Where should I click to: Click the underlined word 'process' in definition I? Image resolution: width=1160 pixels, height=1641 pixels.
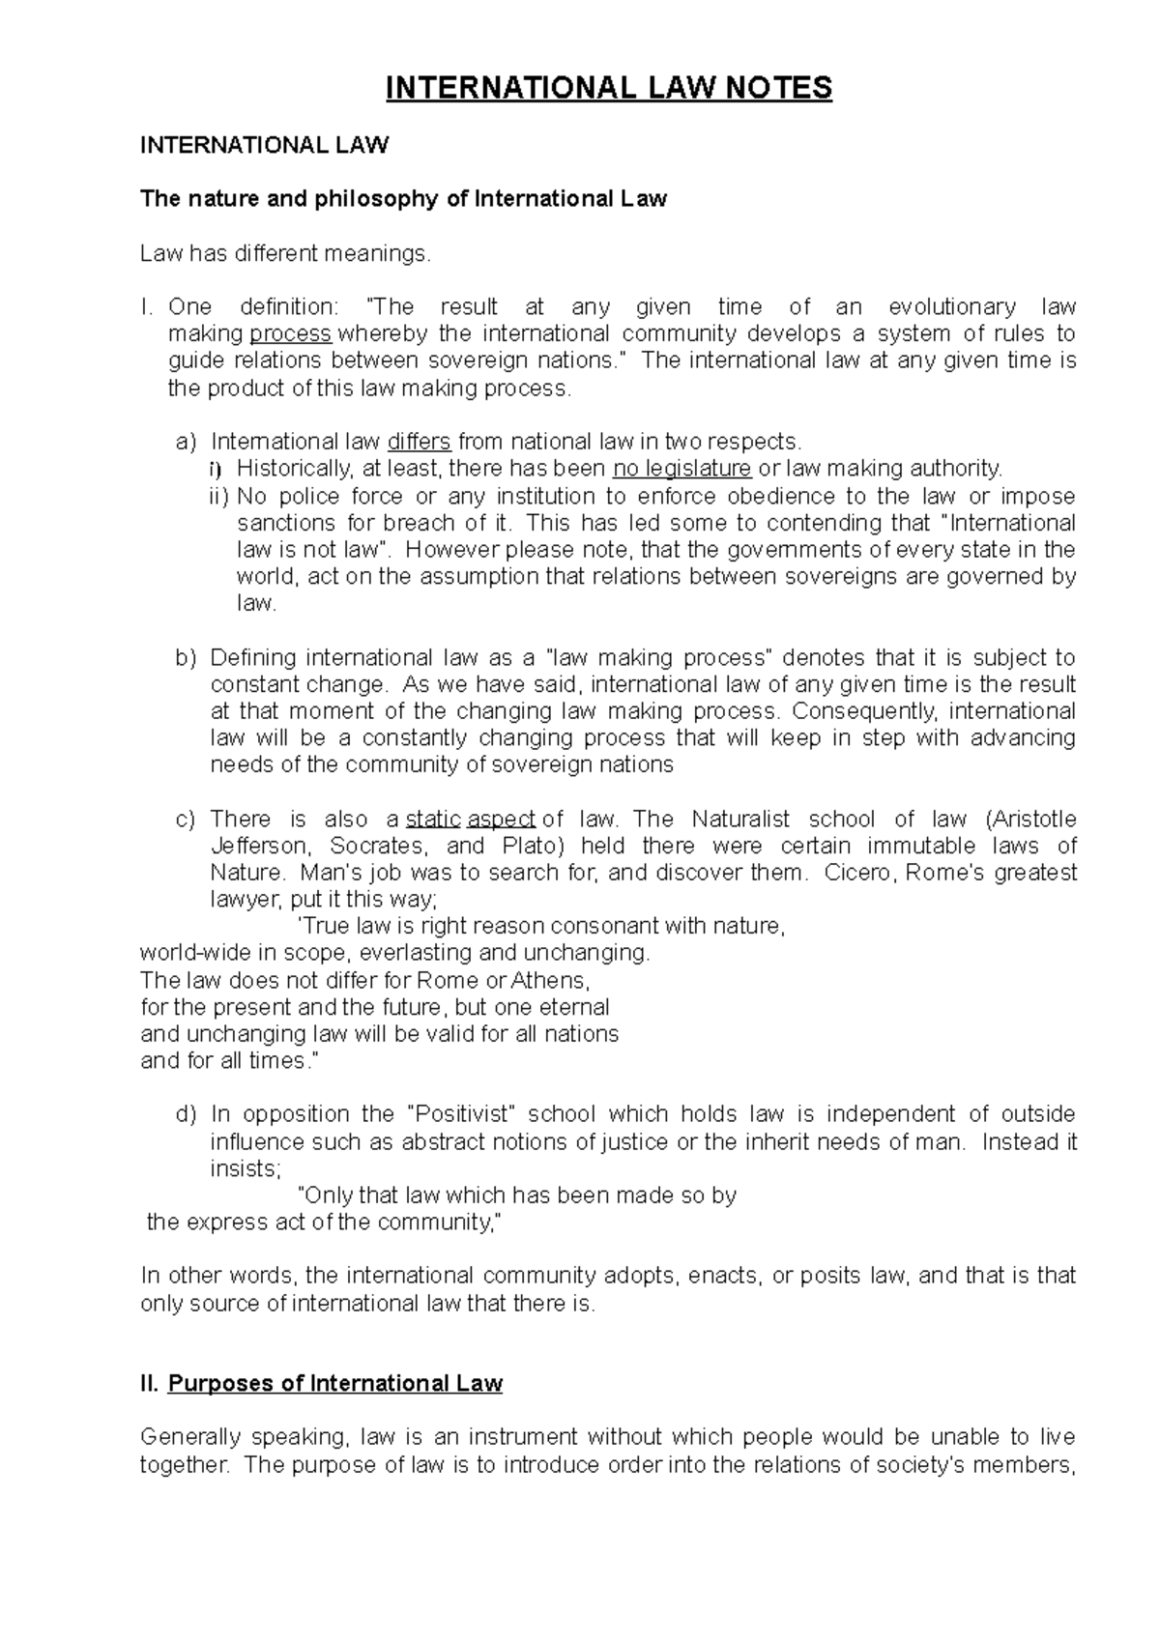(291, 334)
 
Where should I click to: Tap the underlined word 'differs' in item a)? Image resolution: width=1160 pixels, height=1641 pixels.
(419, 443)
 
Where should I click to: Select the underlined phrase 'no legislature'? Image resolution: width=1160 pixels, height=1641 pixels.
(682, 470)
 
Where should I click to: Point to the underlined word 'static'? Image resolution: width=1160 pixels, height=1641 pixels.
(432, 820)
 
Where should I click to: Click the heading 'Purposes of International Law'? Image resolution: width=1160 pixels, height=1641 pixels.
(334, 1384)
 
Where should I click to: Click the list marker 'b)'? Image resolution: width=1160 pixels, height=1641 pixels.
(186, 658)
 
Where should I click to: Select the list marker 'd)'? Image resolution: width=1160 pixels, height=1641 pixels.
(186, 1114)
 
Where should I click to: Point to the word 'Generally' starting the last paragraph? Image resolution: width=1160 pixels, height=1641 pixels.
(188, 1438)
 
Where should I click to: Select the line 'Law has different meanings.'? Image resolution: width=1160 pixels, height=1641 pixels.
(282, 254)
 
